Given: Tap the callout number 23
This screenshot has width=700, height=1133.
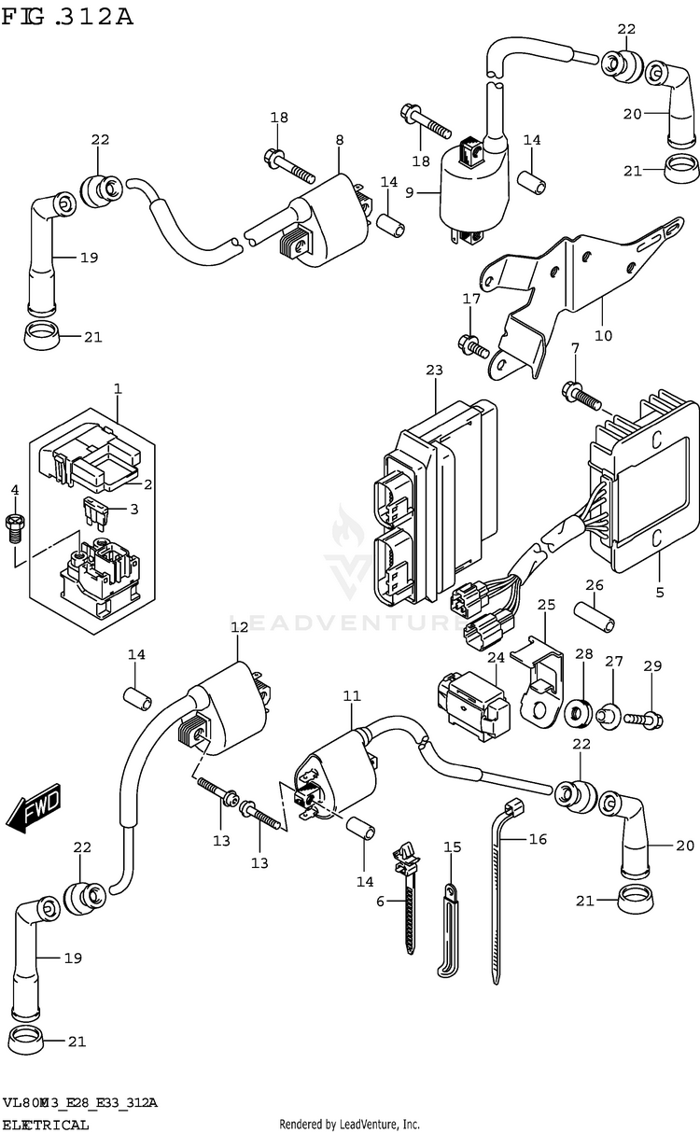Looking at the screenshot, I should [433, 371].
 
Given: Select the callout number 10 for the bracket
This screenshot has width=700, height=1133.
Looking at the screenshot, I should [604, 335].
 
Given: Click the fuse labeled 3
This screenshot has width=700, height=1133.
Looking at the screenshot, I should [94, 512].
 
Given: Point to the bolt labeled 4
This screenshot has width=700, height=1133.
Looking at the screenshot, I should [15, 528].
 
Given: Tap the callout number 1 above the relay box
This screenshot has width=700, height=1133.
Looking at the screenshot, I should [118, 387].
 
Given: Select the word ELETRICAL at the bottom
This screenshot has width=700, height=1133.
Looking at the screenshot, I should [46, 1125].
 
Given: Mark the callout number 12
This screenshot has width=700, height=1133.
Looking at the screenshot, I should [239, 627].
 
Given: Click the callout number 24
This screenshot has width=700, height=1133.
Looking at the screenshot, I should [496, 658].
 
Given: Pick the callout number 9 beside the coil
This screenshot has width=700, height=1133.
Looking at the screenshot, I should [408, 193].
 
